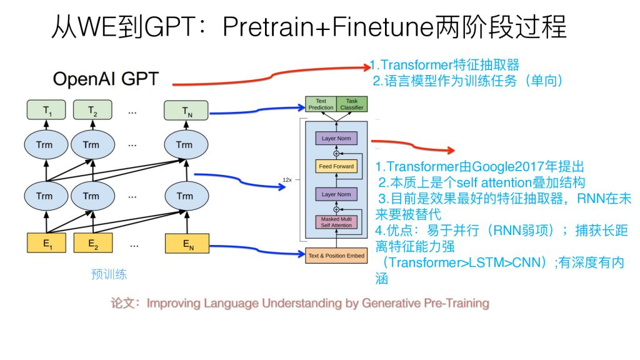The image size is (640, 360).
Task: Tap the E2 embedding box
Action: pos(93,243)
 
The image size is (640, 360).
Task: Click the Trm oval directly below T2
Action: pos(91,145)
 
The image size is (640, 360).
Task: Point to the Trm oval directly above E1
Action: pos(44,196)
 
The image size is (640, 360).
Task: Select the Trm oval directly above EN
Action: pos(184,196)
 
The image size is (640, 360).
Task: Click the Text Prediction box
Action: pos(321,104)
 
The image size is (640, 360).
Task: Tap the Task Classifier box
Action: pos(352,104)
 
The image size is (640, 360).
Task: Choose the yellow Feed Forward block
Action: pos(336,166)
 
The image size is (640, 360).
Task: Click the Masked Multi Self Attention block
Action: pos(336,222)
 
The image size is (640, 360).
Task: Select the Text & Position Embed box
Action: pos(336,256)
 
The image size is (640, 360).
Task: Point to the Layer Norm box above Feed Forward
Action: pos(336,138)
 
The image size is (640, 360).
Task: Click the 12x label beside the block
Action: pos(287,179)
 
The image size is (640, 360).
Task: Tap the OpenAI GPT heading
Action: pos(106,79)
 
